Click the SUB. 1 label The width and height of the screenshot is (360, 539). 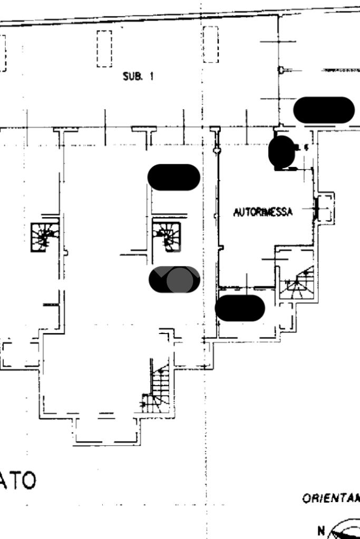[138, 76]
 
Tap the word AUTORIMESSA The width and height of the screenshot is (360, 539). [263, 212]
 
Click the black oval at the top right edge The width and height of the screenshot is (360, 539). [324, 110]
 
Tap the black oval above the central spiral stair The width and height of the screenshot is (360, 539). [173, 177]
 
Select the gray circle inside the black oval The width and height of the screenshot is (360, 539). [180, 280]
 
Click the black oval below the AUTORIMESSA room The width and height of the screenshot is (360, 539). [240, 308]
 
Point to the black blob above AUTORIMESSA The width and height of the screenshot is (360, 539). [281, 152]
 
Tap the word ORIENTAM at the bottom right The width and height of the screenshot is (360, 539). [331, 498]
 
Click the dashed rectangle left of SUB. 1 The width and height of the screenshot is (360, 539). [104, 48]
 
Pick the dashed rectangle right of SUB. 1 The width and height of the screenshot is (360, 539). [210, 44]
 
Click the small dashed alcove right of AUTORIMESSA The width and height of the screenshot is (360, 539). [326, 208]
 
